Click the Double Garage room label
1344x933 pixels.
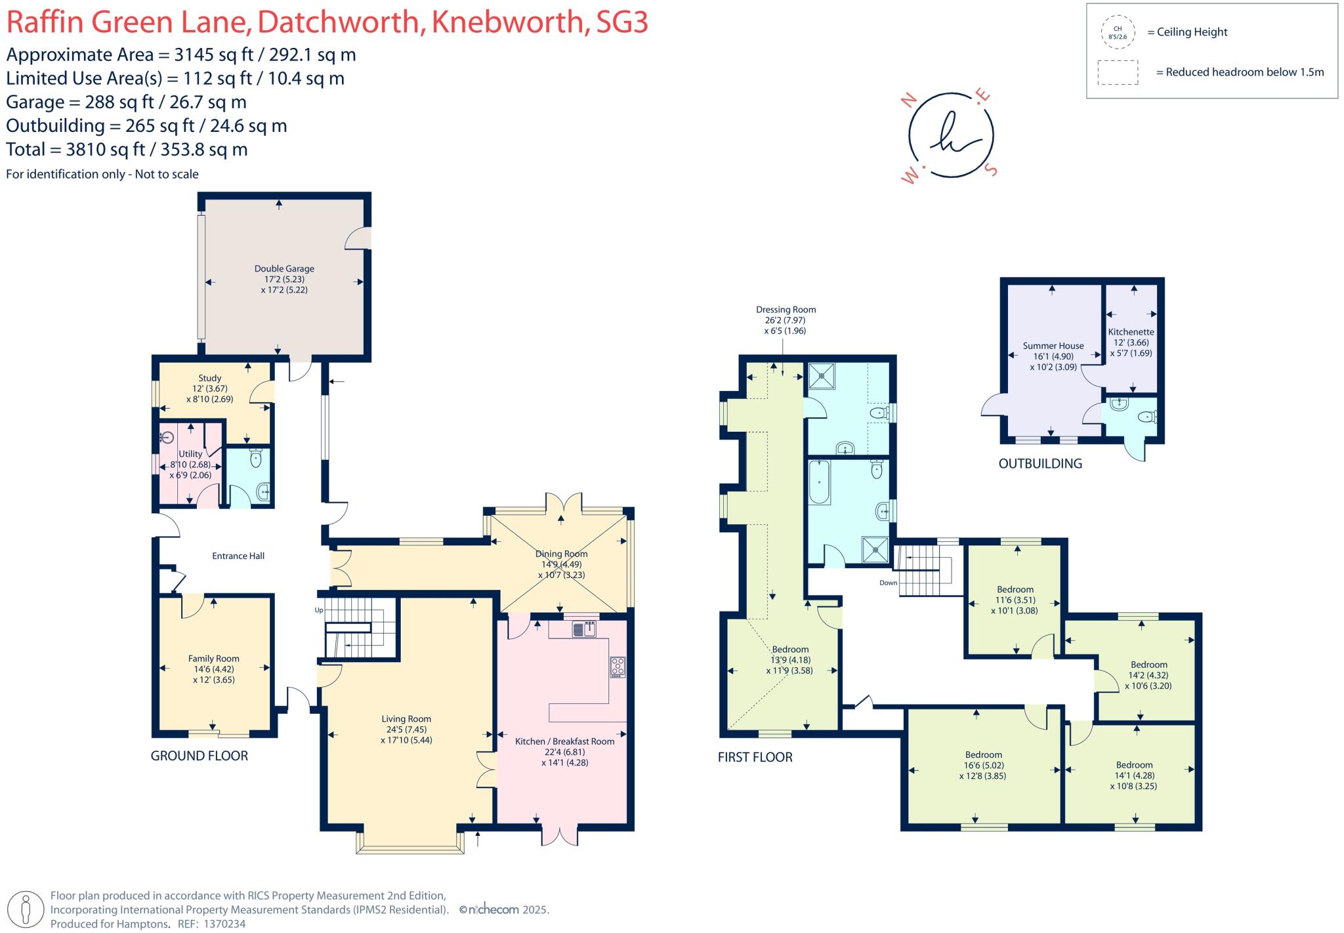284,268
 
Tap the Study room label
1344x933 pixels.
210,378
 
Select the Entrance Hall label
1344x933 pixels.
238,556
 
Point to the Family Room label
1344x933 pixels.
214,659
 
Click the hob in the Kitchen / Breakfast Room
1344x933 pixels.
618,667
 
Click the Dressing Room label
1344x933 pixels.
786,310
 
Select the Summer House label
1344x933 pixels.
1053,346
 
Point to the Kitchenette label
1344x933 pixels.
1131,332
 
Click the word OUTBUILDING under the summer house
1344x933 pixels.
1040,464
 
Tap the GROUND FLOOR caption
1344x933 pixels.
199,756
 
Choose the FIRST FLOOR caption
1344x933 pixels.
755,757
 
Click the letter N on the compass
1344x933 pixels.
910,100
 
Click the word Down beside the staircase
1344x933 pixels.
888,583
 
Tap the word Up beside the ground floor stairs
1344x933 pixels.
320,610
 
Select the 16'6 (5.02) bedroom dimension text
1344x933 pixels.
984,765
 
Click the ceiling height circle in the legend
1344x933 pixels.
1118,32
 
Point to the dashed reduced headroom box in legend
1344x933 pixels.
1118,72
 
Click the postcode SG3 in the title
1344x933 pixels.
622,22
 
